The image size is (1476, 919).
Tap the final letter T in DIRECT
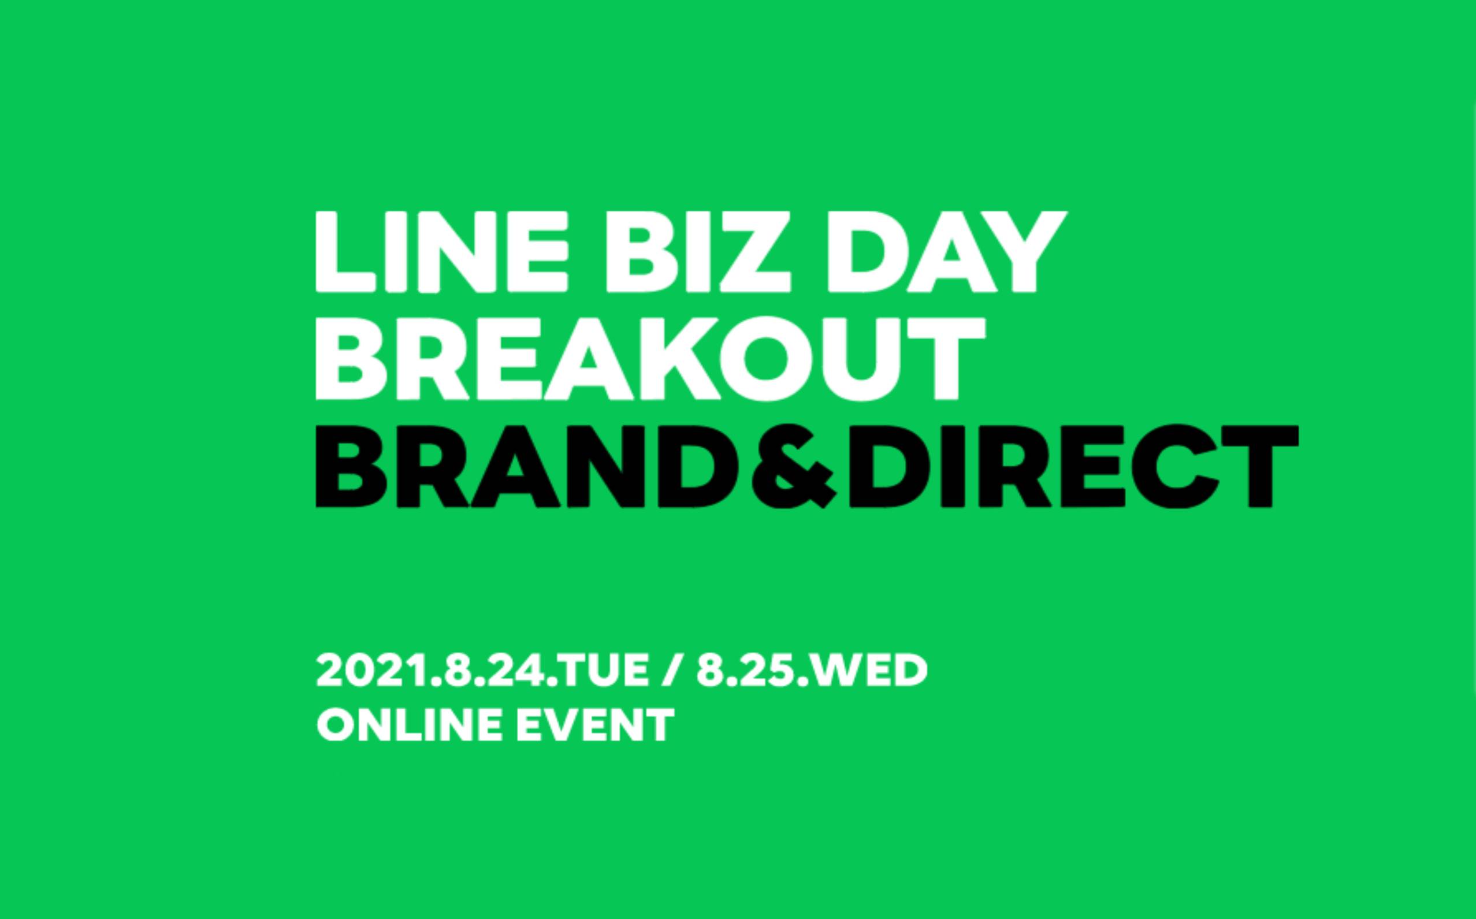[1262, 467]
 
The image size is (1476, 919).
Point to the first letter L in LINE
[347, 252]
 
